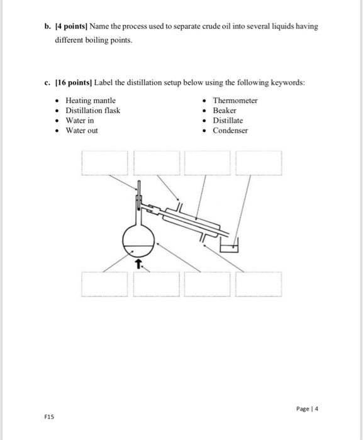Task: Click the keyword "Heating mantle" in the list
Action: [x=91, y=101]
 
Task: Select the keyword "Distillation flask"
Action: [x=92, y=111]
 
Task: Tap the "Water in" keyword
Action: [x=80, y=121]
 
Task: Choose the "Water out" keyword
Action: [x=82, y=131]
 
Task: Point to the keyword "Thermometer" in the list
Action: [x=235, y=101]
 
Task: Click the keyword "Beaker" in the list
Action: [x=225, y=111]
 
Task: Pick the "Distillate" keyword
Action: [x=228, y=121]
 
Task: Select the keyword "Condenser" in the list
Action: [x=230, y=131]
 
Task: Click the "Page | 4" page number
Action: [x=308, y=409]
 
